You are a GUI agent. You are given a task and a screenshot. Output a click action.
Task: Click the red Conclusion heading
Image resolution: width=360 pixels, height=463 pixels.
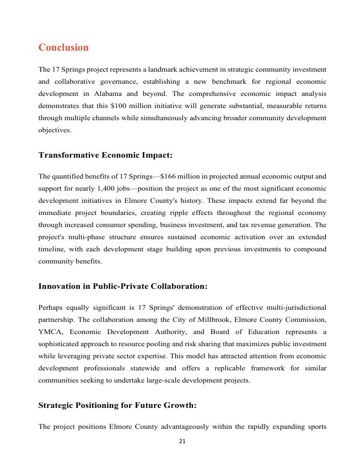[63, 47]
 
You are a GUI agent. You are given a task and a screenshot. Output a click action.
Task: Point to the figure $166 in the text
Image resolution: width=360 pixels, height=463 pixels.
[168, 176]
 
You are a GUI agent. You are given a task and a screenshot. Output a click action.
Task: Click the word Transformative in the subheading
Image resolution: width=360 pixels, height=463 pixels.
[69, 155]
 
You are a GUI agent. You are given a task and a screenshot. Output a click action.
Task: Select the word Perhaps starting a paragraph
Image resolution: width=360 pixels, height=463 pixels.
[51, 308]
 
